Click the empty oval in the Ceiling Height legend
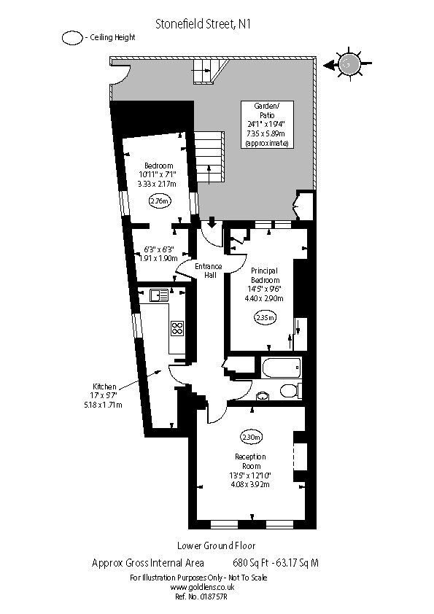72,38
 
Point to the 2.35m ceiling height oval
265,317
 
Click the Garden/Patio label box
267,125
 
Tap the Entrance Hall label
208,271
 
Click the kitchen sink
159,295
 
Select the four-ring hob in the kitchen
177,328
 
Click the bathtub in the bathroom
279,368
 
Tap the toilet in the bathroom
290,390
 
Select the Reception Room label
250,462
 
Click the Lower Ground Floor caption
216,545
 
